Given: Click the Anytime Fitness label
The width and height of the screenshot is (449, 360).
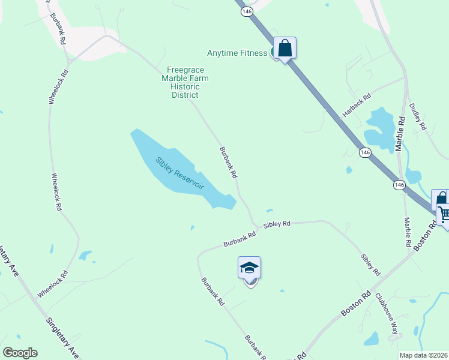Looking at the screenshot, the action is point(237,53).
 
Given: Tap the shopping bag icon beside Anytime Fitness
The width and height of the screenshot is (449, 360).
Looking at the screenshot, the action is point(285,49).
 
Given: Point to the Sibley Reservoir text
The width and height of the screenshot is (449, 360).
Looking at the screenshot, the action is point(180,173).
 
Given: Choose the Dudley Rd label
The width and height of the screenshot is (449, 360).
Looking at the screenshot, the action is point(417,117).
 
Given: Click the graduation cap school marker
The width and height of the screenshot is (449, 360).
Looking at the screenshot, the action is point(249,268).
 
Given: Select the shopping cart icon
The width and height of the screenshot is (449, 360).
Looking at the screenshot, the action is point(444,214).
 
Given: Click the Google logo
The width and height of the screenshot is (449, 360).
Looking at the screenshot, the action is point(20,353).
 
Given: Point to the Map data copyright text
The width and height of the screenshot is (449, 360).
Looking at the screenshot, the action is point(424,355).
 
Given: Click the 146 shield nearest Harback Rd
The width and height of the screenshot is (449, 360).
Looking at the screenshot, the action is point(365,152).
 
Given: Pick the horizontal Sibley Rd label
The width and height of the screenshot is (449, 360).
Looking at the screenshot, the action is point(277,224).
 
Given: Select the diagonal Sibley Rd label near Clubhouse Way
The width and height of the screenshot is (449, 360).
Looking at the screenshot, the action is point(370,264).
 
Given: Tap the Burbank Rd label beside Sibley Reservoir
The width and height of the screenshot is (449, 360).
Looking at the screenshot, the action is point(228,163).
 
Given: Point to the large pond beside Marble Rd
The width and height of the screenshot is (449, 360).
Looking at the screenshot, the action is point(379,128).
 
